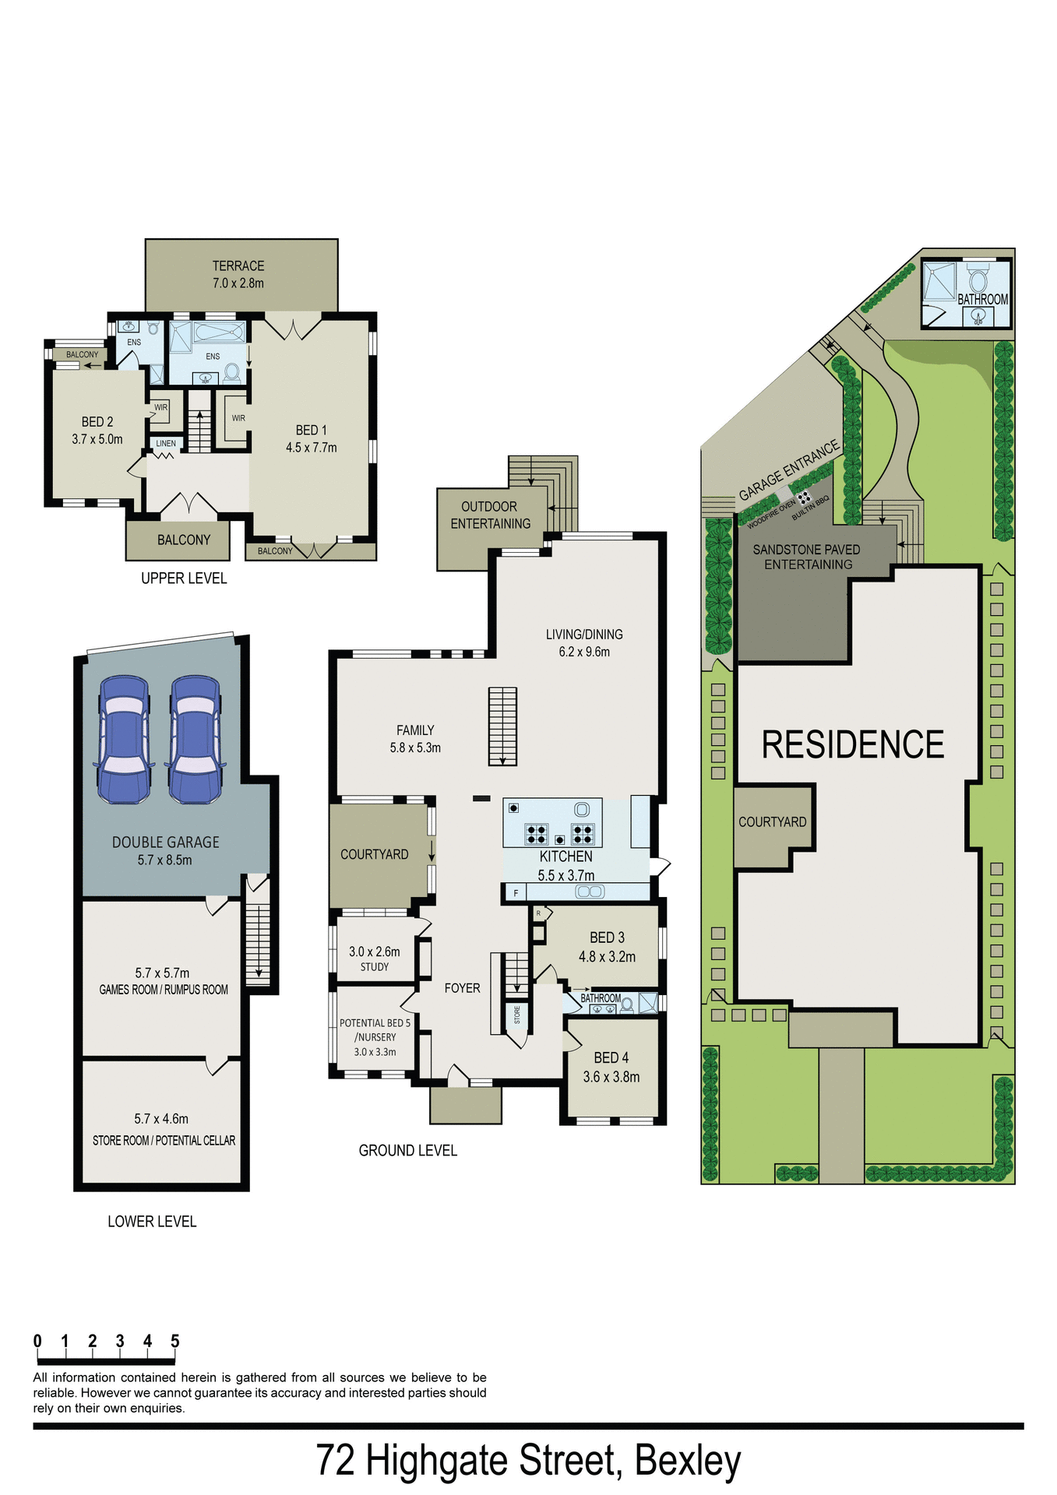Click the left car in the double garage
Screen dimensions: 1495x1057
point(122,740)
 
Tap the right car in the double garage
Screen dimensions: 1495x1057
point(195,740)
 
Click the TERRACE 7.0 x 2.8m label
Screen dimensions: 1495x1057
point(238,274)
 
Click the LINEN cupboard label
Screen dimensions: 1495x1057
point(166,444)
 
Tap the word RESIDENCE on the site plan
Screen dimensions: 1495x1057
point(852,745)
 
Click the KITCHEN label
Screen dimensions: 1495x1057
point(565,857)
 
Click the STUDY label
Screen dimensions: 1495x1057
point(375,967)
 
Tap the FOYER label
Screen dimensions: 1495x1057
point(462,988)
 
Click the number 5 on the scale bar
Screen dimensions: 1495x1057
point(175,1341)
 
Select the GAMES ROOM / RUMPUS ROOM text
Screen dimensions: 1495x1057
point(164,990)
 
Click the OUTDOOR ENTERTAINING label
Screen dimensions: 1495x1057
point(490,515)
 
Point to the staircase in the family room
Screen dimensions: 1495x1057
point(502,726)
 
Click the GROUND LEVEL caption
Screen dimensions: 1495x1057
point(407,1150)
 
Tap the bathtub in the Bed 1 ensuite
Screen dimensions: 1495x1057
point(219,333)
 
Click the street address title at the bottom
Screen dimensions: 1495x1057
point(528,1461)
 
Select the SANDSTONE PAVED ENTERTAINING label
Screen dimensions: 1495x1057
point(807,557)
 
